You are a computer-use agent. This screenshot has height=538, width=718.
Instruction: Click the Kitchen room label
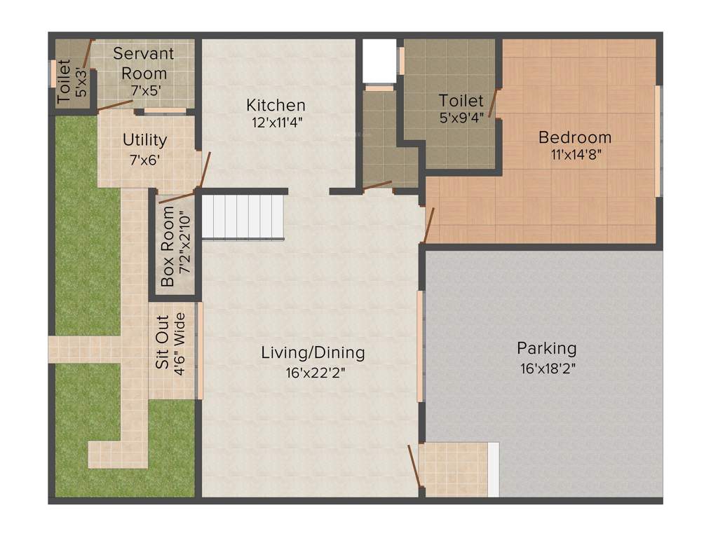coord(276,105)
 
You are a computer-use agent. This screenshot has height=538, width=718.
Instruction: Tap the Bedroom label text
coord(574,137)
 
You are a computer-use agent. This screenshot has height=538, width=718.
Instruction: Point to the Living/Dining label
coord(313,352)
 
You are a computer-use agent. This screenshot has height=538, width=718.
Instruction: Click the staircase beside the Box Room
coord(243,216)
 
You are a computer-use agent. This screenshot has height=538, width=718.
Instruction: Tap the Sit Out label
coord(161,343)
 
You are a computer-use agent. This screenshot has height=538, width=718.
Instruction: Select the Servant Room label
coord(143,63)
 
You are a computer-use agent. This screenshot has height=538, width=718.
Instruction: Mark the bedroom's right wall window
coord(658,142)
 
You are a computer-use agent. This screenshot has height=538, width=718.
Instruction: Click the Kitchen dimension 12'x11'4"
coord(276,121)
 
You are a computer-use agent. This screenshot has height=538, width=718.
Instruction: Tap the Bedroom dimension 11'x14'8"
coord(574,155)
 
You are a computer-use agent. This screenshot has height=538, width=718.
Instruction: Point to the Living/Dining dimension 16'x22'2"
coord(313,372)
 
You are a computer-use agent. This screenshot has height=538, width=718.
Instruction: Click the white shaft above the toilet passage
coord(379,61)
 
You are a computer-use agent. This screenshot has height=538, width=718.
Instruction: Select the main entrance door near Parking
coord(415,466)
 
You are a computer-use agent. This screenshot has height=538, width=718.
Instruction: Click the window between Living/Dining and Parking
coord(420,346)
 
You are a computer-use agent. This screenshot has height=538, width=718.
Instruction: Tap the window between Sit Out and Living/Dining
coord(200,350)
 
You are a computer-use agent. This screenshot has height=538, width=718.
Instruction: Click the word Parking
coord(546,347)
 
